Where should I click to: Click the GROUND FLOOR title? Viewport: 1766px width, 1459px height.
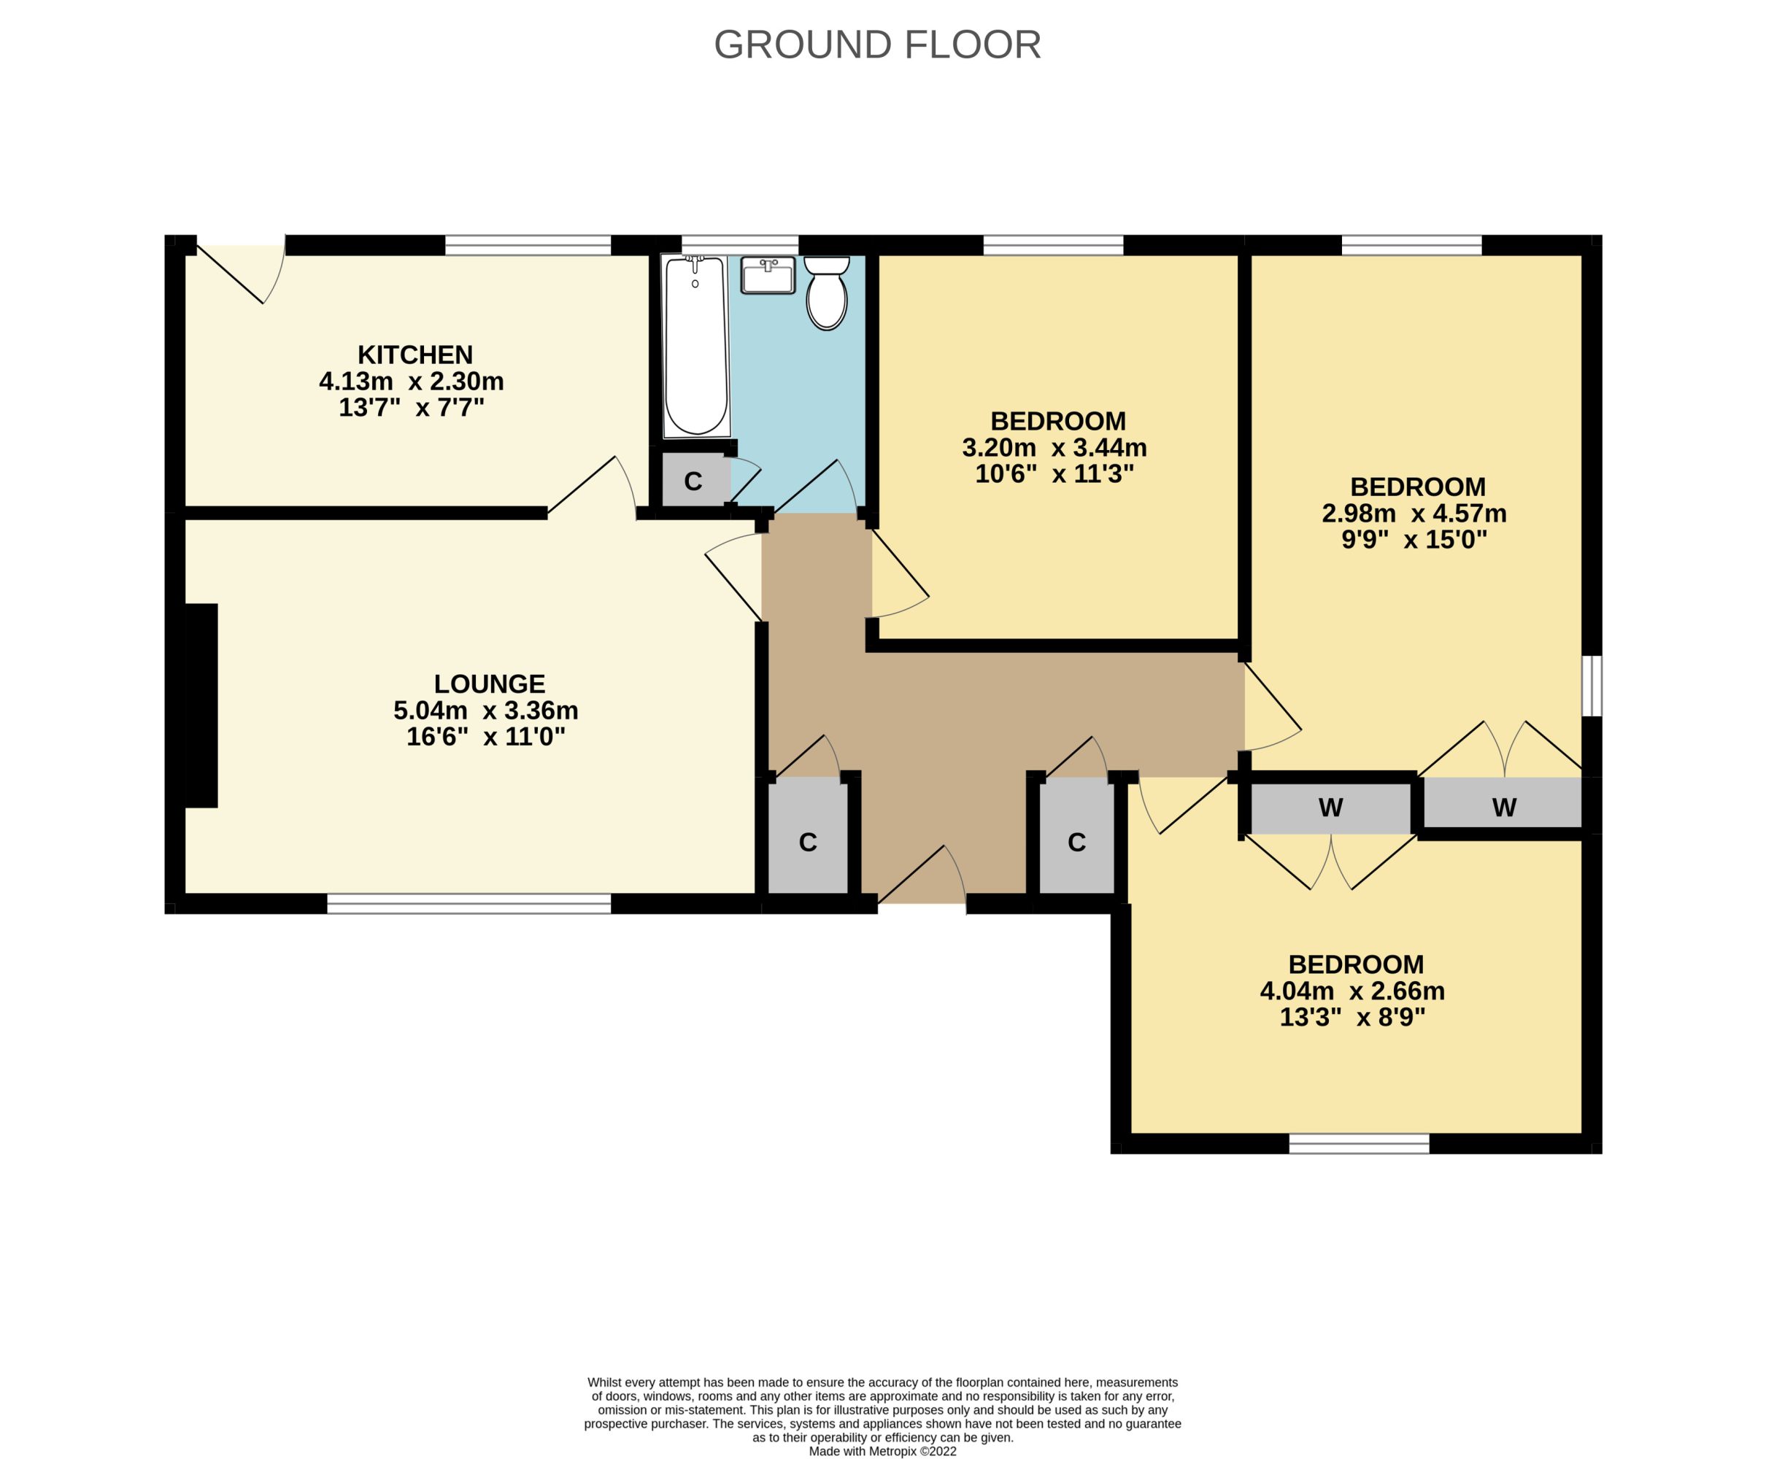click(x=878, y=45)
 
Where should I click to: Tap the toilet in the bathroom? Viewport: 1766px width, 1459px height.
click(x=826, y=293)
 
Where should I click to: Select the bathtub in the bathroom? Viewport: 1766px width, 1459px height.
click(x=696, y=347)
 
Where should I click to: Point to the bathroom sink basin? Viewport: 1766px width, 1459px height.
click(x=768, y=275)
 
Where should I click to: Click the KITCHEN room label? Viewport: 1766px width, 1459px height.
click(x=415, y=355)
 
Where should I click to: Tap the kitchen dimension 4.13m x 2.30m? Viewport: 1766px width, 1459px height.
click(x=411, y=382)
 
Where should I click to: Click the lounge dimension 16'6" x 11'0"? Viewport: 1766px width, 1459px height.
click(x=486, y=737)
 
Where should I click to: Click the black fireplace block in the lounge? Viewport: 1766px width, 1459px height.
click(x=201, y=706)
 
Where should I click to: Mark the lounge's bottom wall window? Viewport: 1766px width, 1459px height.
click(x=469, y=903)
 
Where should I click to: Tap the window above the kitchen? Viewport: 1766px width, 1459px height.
click(x=528, y=245)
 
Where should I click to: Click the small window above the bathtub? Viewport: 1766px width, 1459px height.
click(x=740, y=245)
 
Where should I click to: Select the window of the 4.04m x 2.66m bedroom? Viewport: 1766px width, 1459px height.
click(x=1360, y=1143)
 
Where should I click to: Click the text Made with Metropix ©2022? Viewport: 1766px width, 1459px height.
click(x=882, y=1450)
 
